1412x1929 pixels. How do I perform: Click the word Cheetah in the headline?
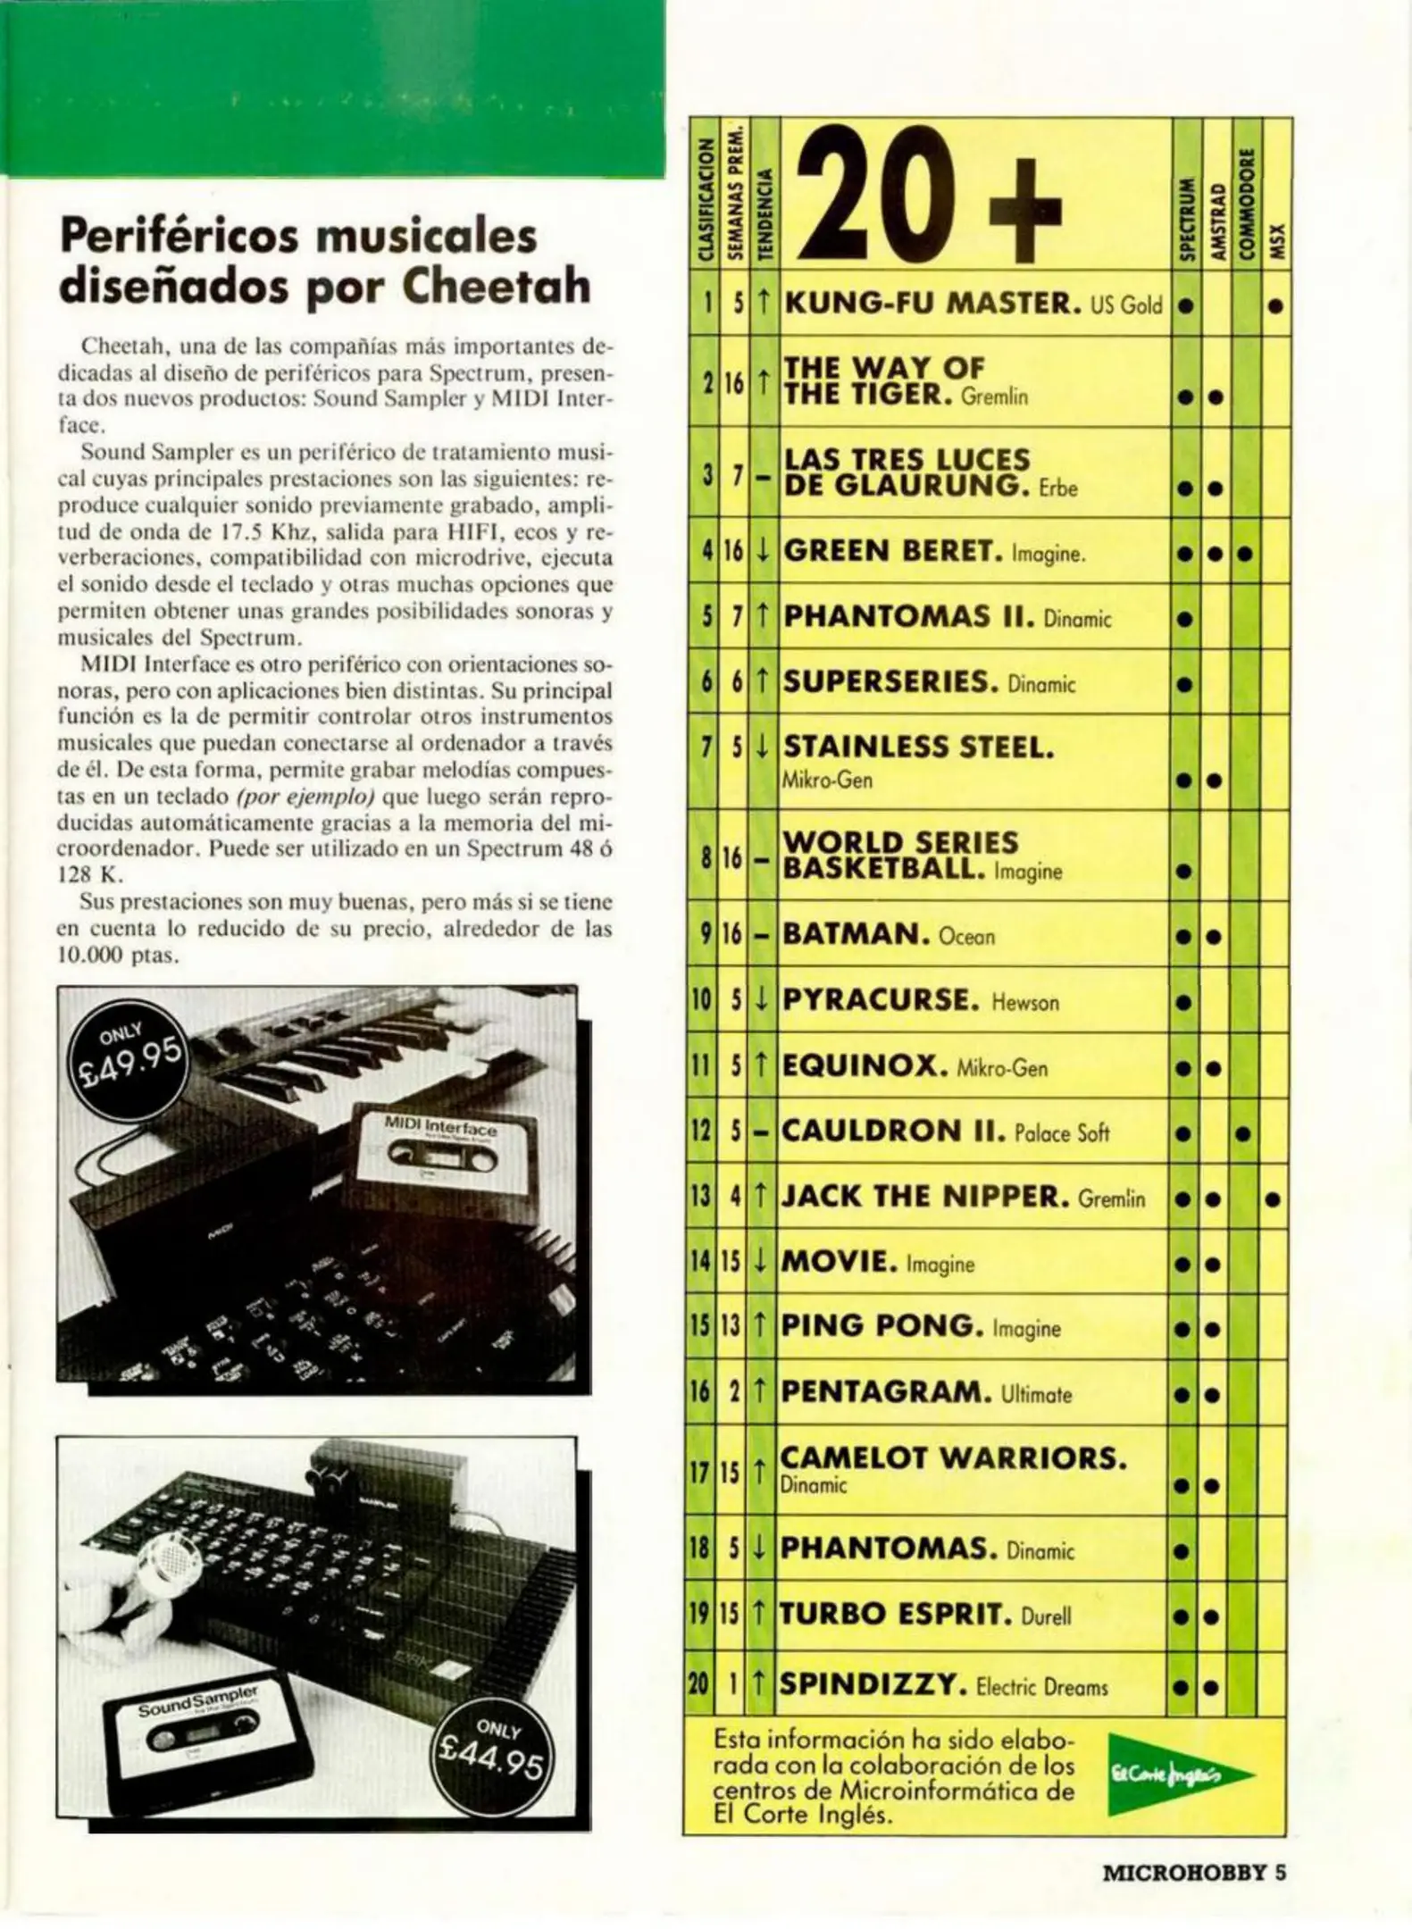497,286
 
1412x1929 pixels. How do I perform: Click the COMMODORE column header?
1247,205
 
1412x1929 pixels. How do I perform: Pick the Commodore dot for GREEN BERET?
1245,554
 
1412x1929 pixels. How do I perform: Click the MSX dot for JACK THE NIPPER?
1274,1200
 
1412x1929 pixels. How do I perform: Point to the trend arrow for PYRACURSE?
762,1000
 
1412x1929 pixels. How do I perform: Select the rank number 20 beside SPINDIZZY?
698,1686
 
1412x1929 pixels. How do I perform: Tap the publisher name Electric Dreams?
1042,1687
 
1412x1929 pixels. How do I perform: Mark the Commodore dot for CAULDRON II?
1243,1135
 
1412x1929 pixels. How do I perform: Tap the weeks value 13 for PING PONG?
731,1328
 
